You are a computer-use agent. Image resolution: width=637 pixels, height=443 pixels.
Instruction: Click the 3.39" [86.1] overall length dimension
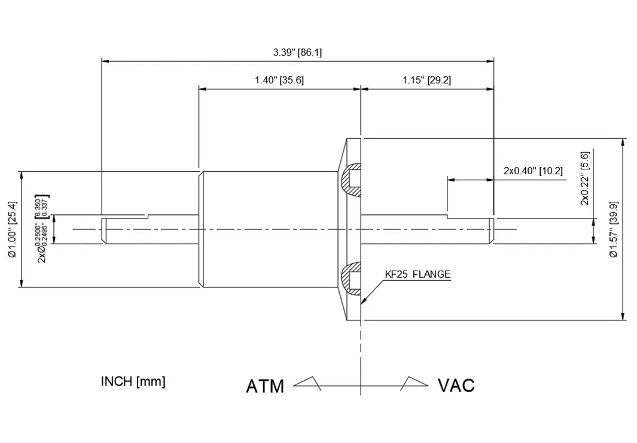[x=297, y=52]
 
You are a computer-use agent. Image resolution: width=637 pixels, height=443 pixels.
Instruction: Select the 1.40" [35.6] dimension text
[x=279, y=80]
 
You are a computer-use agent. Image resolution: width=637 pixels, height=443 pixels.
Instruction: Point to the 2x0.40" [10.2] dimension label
[x=533, y=171]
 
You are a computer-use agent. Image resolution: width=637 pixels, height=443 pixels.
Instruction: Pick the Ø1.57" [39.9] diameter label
[x=613, y=229]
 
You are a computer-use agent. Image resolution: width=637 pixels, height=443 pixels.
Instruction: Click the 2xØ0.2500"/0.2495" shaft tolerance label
[x=42, y=229]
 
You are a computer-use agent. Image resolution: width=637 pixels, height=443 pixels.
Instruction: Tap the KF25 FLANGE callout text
[x=417, y=275]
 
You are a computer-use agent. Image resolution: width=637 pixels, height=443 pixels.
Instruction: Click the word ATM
[x=265, y=386]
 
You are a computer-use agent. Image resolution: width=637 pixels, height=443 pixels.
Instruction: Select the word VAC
[x=456, y=386]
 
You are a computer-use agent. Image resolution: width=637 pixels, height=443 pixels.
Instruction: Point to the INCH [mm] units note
[x=133, y=381]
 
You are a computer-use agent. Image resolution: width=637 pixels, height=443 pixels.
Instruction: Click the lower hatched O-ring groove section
[x=351, y=280]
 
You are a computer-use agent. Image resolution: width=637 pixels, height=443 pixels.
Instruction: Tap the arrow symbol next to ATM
[x=307, y=383]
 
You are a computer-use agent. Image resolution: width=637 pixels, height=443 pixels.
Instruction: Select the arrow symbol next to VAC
[x=414, y=383]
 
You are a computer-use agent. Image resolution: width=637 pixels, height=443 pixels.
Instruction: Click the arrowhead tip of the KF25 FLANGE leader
[x=362, y=302]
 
